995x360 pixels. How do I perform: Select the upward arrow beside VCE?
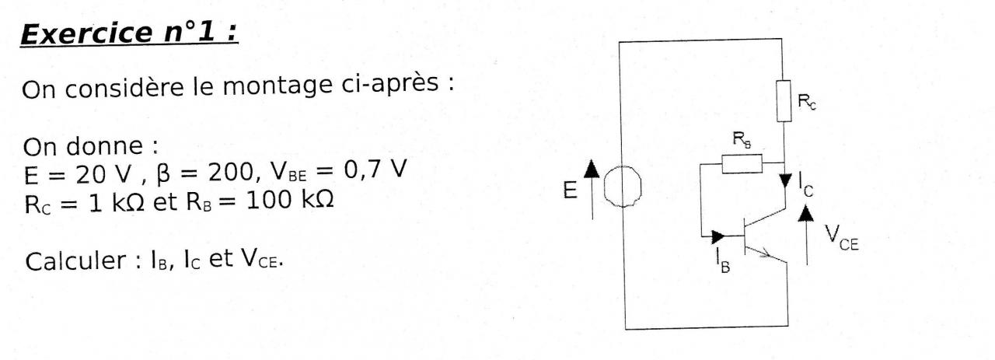[808, 233]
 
